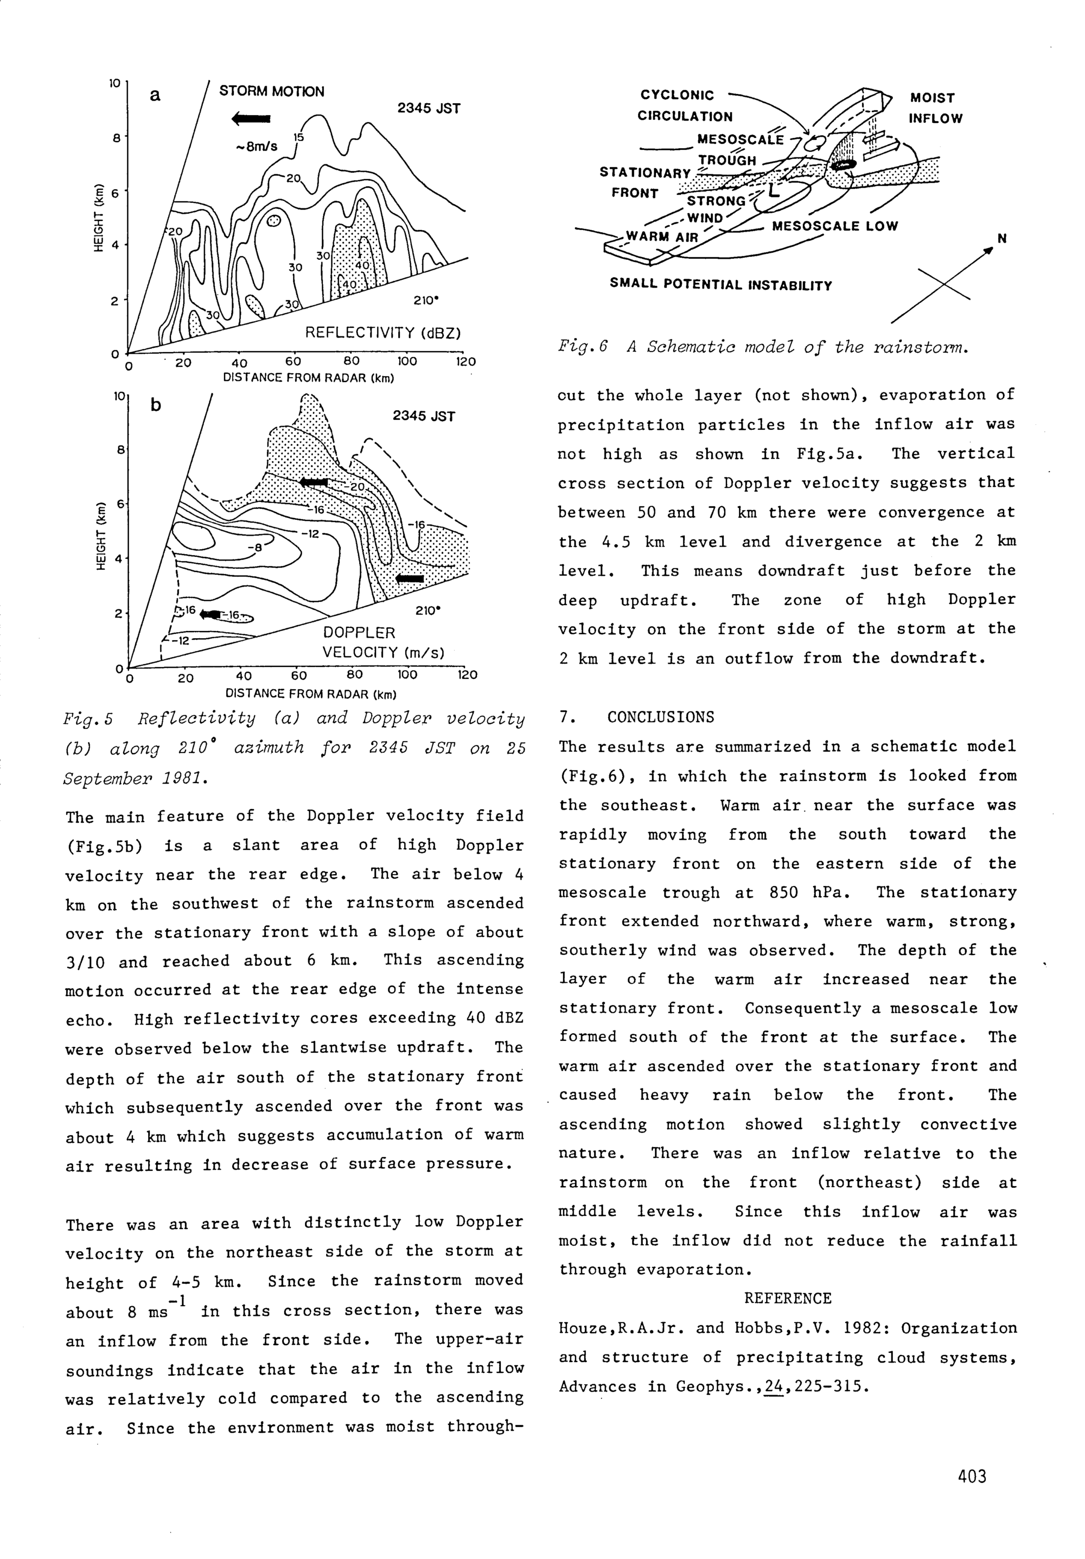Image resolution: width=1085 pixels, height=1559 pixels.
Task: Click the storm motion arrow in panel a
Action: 251,119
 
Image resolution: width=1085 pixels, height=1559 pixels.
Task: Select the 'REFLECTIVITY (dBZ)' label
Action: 383,333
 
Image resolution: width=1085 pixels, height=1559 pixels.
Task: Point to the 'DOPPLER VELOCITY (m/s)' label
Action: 383,642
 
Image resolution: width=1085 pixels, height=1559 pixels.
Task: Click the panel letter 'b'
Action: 156,405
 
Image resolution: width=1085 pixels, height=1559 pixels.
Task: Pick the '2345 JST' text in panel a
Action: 429,109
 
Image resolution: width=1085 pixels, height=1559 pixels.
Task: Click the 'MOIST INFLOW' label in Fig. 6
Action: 935,108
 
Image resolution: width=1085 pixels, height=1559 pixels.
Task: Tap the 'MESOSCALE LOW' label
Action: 834,226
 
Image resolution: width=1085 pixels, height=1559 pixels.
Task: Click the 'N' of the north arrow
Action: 1001,238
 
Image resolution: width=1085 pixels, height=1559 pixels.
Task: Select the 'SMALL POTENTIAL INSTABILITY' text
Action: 720,285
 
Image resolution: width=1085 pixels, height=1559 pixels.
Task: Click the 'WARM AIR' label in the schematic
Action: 661,237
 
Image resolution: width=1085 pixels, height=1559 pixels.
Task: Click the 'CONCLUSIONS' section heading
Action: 660,717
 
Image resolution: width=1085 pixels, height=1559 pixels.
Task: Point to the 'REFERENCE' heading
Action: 787,1298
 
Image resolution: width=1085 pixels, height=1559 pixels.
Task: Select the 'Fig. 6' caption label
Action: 582,347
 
